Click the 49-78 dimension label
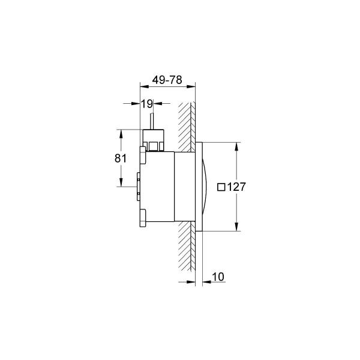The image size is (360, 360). click(x=167, y=80)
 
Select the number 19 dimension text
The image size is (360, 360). click(x=147, y=104)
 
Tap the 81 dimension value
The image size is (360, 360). click(x=121, y=158)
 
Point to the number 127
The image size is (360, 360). click(x=236, y=187)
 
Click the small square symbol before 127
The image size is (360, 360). click(x=221, y=187)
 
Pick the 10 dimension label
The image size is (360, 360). click(x=218, y=277)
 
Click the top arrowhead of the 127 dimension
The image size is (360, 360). click(x=236, y=146)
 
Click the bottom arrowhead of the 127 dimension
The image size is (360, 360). click(x=236, y=227)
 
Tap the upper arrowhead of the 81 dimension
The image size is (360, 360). click(x=121, y=134)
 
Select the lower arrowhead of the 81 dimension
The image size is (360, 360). click(x=121, y=182)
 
